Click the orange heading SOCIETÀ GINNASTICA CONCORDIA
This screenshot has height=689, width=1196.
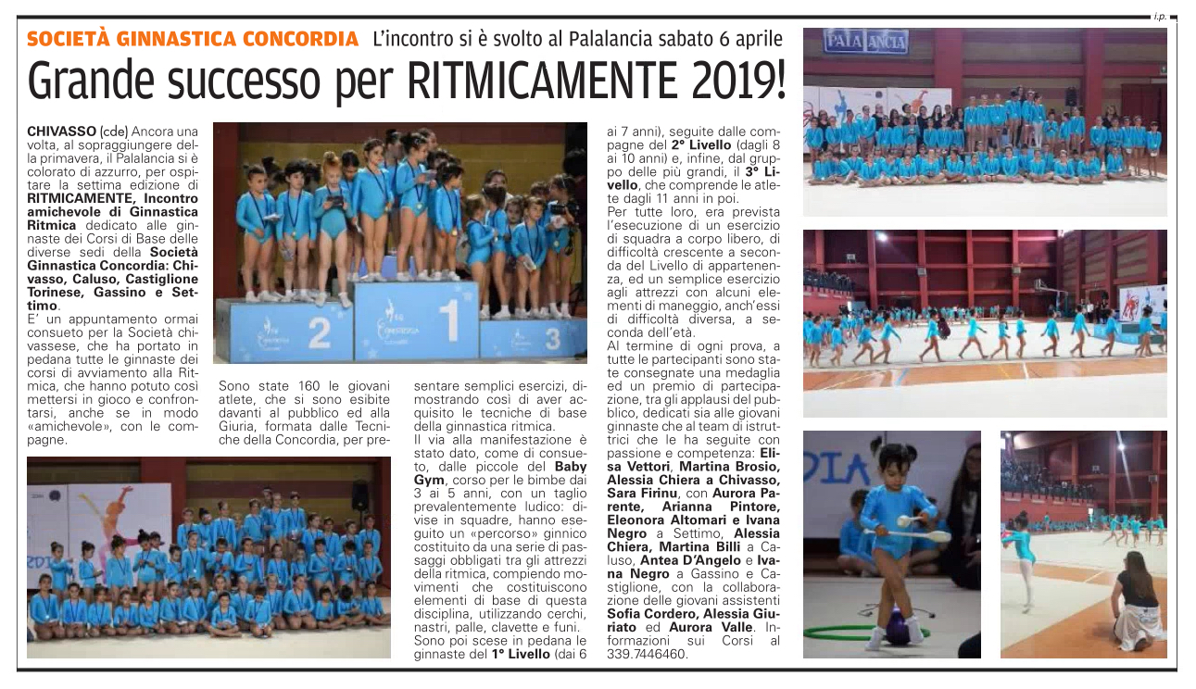point(193,39)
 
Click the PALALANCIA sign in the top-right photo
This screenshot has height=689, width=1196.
point(865,42)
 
